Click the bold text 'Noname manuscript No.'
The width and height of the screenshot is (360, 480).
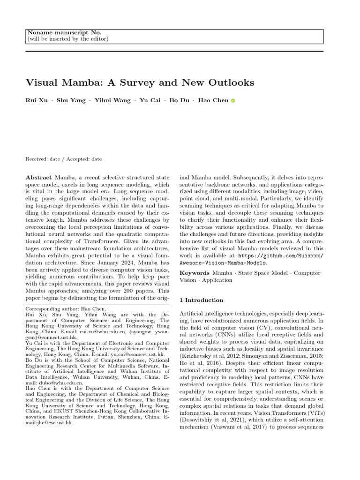pyautogui.click(x=63, y=32)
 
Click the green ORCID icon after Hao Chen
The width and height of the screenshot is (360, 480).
pyautogui.click(x=233, y=101)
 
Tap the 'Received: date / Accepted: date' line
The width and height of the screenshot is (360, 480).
pyautogui.click(x=63, y=159)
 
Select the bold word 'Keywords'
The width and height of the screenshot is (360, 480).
pyautogui.click(x=195, y=273)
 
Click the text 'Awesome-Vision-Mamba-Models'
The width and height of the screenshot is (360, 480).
pyautogui.click(x=219, y=263)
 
